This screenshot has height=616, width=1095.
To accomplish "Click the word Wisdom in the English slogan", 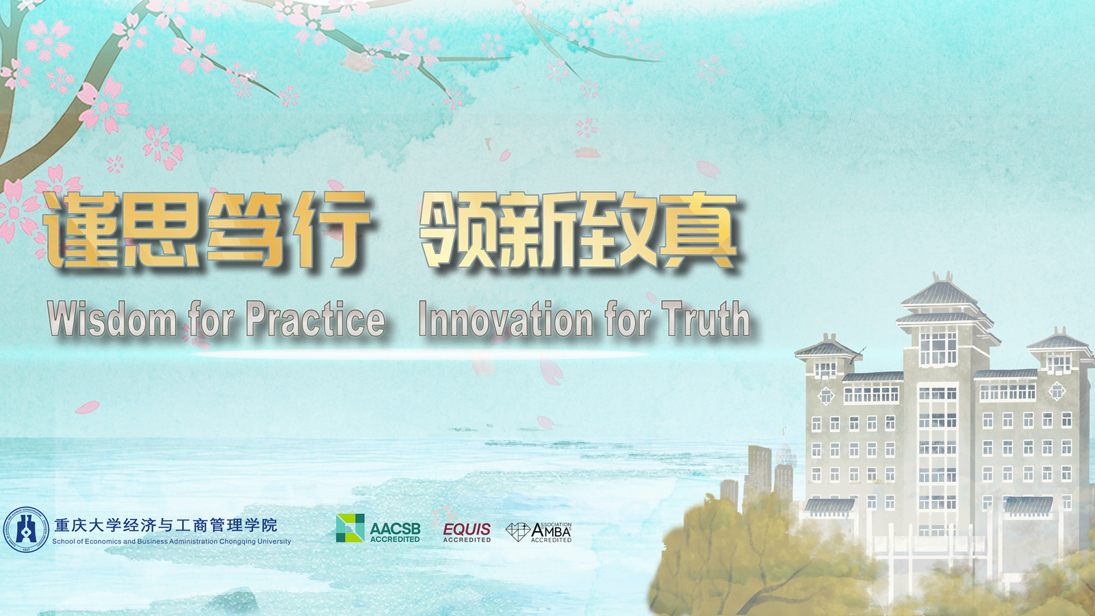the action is [x=112, y=319].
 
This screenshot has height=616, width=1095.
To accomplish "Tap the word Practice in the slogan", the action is [x=315, y=319].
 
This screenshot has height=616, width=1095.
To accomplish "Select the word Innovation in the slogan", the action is [x=506, y=319].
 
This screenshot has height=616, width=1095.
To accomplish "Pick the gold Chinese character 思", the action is [x=162, y=230].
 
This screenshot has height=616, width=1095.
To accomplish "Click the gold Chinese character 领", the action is [x=459, y=230].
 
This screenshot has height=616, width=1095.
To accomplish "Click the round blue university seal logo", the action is [x=27, y=530].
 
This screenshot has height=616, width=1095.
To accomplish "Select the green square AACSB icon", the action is [x=350, y=528].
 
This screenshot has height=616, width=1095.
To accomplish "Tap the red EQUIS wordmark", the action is [x=467, y=529].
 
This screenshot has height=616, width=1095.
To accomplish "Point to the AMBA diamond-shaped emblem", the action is [x=517, y=532].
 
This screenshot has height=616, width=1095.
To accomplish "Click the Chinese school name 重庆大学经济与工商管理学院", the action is [x=166, y=525].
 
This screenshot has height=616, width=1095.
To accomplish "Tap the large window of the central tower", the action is [x=938, y=347].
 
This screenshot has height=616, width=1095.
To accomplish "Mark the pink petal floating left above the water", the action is [x=87, y=407].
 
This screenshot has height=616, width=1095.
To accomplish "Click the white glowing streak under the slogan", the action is [x=420, y=355].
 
